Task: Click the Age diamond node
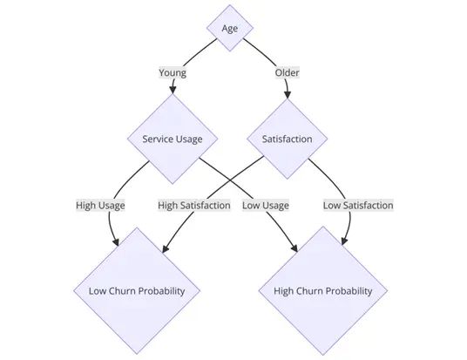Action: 230,28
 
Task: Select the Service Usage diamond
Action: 174,139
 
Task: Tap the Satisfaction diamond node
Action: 288,139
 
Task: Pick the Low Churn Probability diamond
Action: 137,290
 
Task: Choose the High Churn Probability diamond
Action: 323,290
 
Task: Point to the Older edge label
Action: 287,73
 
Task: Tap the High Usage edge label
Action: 100,206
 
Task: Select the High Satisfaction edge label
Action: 194,206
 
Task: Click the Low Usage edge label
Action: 266,206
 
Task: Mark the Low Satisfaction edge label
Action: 357,206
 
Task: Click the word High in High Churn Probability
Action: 285,290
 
